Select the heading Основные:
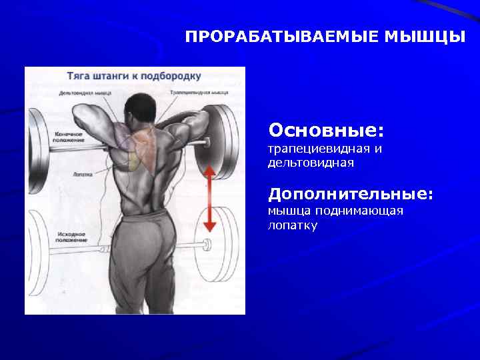pyautogui.click(x=326, y=127)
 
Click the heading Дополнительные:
pyautogui.click(x=351, y=194)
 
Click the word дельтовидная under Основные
pyautogui.click(x=310, y=162)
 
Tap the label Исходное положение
pyautogui.click(x=70, y=237)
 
